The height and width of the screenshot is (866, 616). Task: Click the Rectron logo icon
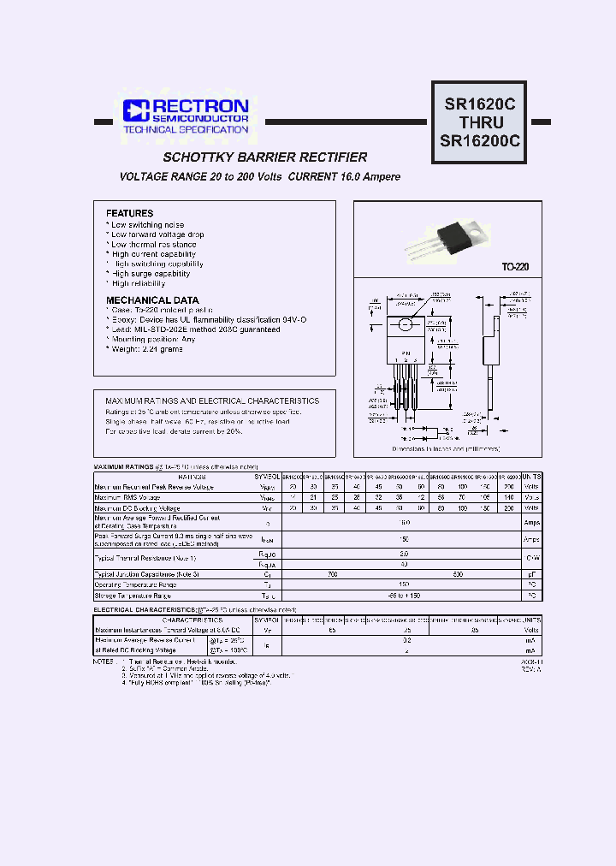135,110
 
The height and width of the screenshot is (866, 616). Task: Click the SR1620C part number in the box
480,104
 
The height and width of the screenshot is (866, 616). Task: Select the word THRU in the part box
480,122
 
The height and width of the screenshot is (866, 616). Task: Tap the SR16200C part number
480,141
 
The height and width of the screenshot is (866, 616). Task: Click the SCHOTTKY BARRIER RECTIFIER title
265,157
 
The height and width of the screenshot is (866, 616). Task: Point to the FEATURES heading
129,213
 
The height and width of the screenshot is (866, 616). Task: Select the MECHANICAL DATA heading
152,300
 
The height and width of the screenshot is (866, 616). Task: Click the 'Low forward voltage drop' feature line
157,234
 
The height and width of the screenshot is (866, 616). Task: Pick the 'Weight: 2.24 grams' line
146,349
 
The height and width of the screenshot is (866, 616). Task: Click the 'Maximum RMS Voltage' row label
127,497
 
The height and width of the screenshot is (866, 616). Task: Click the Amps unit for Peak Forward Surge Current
531,540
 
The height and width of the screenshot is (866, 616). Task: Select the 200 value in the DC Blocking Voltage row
511,507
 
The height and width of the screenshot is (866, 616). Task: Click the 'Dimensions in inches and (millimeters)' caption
446,448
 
